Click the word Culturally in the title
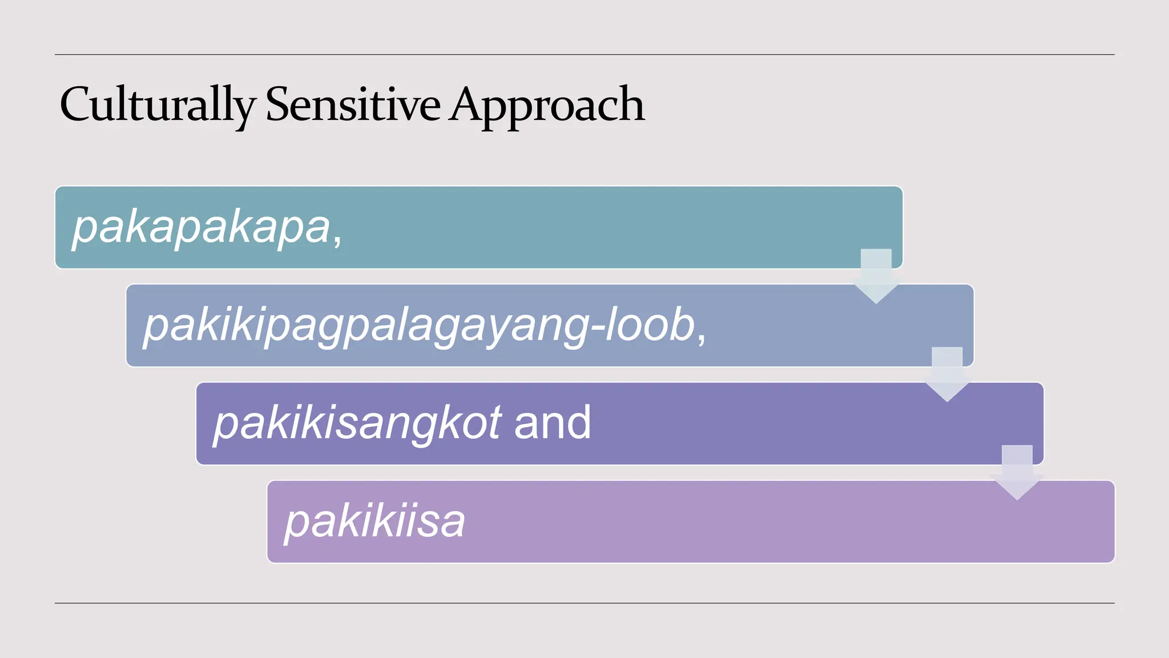[157, 105]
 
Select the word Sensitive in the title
[353, 105]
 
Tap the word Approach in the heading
[546, 105]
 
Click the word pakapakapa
[201, 227]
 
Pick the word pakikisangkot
[357, 423]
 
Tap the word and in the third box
[552, 423]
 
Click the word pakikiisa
[374, 521]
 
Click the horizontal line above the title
[584, 55]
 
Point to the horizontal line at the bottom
[584, 603]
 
